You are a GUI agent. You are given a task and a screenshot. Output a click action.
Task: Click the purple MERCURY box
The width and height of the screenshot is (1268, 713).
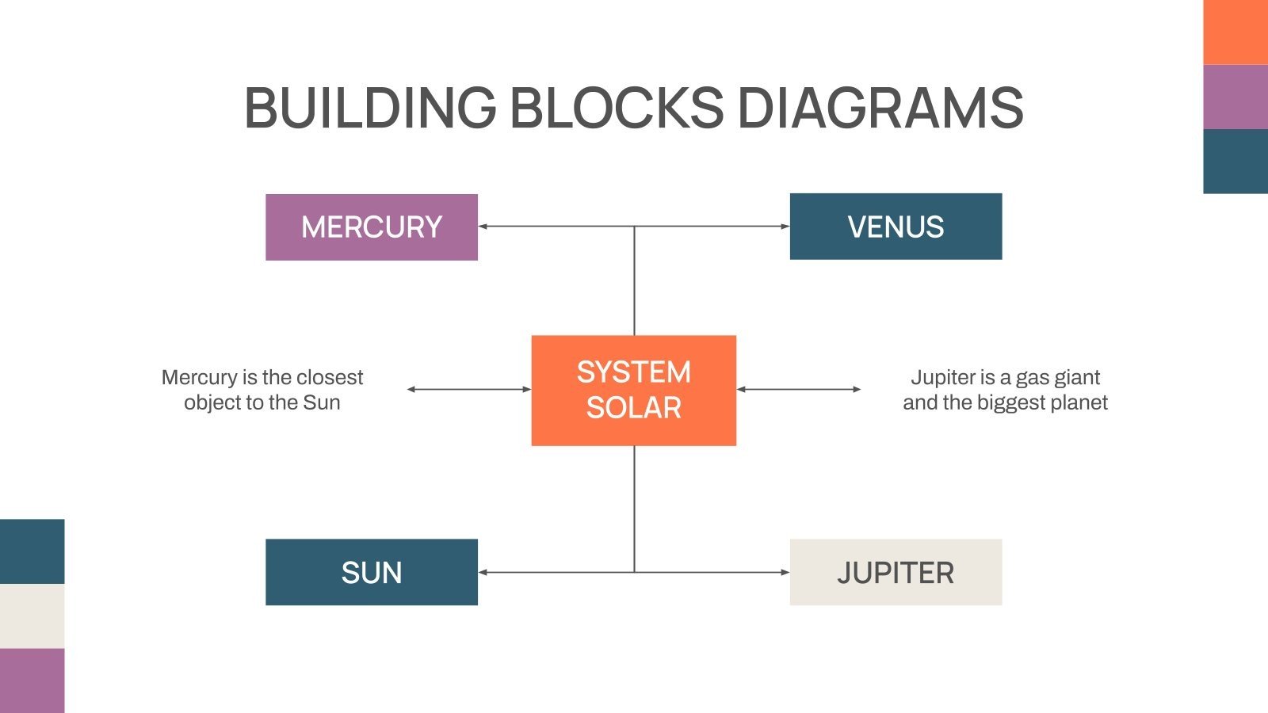coord(371,227)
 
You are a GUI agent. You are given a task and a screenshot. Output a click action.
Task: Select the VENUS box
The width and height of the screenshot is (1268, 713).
coord(896,227)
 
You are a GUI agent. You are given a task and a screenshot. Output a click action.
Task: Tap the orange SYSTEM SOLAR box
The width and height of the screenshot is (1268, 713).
coord(633,390)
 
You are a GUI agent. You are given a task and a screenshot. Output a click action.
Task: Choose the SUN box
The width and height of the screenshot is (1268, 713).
coord(371,572)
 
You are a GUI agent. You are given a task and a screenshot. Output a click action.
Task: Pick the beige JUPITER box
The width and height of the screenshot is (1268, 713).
coord(896,572)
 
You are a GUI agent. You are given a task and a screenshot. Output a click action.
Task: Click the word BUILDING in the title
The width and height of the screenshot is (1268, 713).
coord(369,108)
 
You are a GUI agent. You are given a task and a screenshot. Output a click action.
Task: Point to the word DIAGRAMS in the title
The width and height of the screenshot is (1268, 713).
coord(880,108)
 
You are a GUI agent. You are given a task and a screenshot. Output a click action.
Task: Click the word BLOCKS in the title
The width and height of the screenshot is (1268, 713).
coord(616,108)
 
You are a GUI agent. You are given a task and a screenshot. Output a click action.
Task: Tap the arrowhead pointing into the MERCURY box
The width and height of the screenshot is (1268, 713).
coord(483,227)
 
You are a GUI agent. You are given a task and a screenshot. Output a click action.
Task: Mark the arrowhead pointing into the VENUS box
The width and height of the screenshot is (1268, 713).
coord(785,227)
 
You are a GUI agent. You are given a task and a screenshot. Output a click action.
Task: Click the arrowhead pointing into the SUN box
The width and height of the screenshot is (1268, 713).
coord(483,572)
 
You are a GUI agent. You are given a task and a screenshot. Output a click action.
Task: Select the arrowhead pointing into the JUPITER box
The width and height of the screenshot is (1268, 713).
coord(785,572)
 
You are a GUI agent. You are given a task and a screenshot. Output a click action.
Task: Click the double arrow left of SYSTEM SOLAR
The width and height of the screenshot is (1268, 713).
coord(468,389)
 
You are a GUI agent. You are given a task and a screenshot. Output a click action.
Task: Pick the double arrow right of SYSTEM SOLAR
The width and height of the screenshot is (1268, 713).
coord(799,389)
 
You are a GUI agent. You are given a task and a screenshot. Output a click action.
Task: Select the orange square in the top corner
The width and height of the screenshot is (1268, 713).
coord(1235,32)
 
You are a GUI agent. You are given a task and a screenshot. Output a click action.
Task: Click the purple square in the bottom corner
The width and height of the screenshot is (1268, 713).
coord(32,681)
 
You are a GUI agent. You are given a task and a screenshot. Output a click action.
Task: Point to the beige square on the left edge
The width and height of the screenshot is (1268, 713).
coord(32,616)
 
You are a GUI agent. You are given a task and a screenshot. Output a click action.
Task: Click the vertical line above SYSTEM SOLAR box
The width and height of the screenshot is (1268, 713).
coord(634,281)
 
